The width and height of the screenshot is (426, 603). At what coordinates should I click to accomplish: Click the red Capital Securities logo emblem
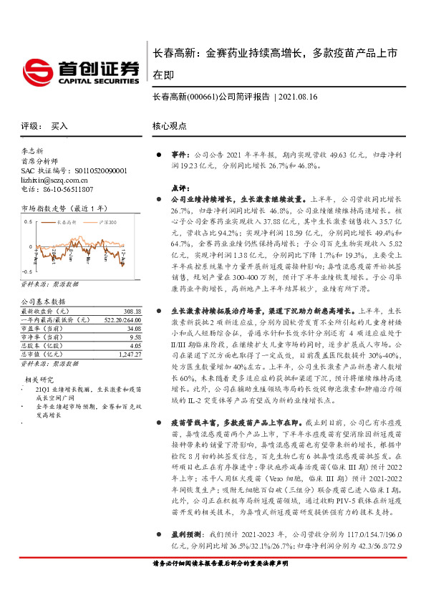37,71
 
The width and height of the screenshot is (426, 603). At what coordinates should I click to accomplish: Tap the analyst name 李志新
35,152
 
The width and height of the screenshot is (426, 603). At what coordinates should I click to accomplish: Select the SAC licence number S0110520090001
100,171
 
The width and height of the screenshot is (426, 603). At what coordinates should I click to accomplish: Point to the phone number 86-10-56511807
68,190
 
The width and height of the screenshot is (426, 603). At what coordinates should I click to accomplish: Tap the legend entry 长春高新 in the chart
67,223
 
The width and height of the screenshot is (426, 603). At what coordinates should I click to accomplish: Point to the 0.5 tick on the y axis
27,221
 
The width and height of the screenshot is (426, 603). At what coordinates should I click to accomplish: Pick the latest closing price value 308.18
132,312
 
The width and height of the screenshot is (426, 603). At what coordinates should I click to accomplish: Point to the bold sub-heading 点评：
180,187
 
